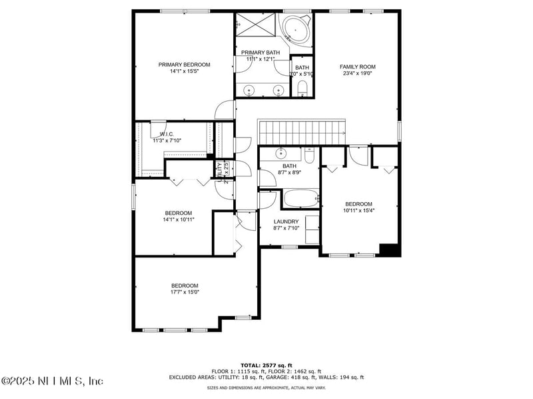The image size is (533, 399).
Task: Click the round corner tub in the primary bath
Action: [x=294, y=31]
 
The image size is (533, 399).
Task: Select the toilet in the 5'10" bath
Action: [x=302, y=88]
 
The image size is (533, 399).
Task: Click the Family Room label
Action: [x=358, y=66]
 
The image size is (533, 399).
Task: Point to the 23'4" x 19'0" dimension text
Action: [x=358, y=74]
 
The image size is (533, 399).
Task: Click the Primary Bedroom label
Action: [x=184, y=65]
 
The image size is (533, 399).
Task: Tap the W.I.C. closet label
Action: [x=167, y=134]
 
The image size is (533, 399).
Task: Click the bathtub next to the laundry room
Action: [x=300, y=199]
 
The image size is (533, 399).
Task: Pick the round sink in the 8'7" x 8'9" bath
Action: [x=280, y=152]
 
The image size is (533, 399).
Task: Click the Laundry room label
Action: [x=286, y=221]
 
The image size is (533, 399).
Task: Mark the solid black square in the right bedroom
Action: [x=389, y=250]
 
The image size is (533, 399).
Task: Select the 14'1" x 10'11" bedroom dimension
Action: [x=179, y=219]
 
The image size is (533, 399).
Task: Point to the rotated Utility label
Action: [x=219, y=170]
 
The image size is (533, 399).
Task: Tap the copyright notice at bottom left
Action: [x=52, y=381]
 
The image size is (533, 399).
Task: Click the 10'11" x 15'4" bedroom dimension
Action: [x=358, y=211]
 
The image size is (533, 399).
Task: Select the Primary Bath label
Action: [x=261, y=52]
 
